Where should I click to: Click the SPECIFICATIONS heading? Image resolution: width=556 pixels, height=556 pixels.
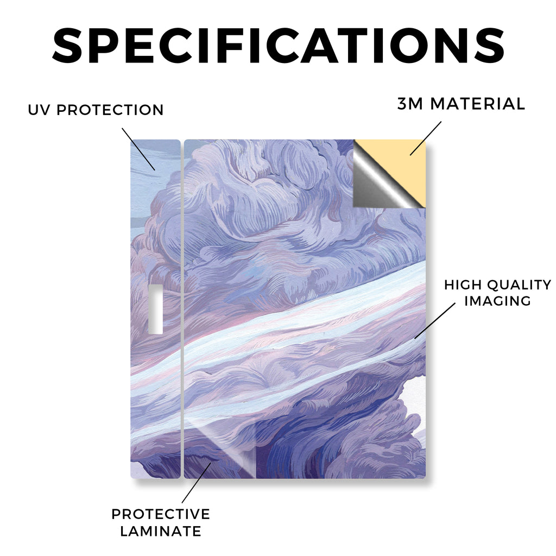(x=279, y=46)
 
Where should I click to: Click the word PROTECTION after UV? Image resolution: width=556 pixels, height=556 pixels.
(x=110, y=110)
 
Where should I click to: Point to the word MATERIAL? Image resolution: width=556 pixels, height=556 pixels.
(x=477, y=104)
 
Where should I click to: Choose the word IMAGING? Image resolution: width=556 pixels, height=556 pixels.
(x=497, y=301)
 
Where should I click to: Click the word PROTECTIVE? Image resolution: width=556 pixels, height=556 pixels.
(x=161, y=514)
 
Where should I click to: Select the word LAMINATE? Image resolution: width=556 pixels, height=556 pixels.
(x=161, y=531)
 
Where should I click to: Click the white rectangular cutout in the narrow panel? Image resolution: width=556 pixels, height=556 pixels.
(x=155, y=309)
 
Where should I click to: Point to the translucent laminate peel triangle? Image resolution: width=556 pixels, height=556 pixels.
(x=230, y=450)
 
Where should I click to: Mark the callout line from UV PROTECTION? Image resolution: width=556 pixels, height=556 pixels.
(x=138, y=149)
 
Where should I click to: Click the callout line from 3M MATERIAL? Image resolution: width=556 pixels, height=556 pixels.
(x=426, y=138)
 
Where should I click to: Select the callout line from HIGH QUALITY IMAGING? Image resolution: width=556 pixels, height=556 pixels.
(x=435, y=320)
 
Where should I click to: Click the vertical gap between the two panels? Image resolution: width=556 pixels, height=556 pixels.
(x=182, y=309)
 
